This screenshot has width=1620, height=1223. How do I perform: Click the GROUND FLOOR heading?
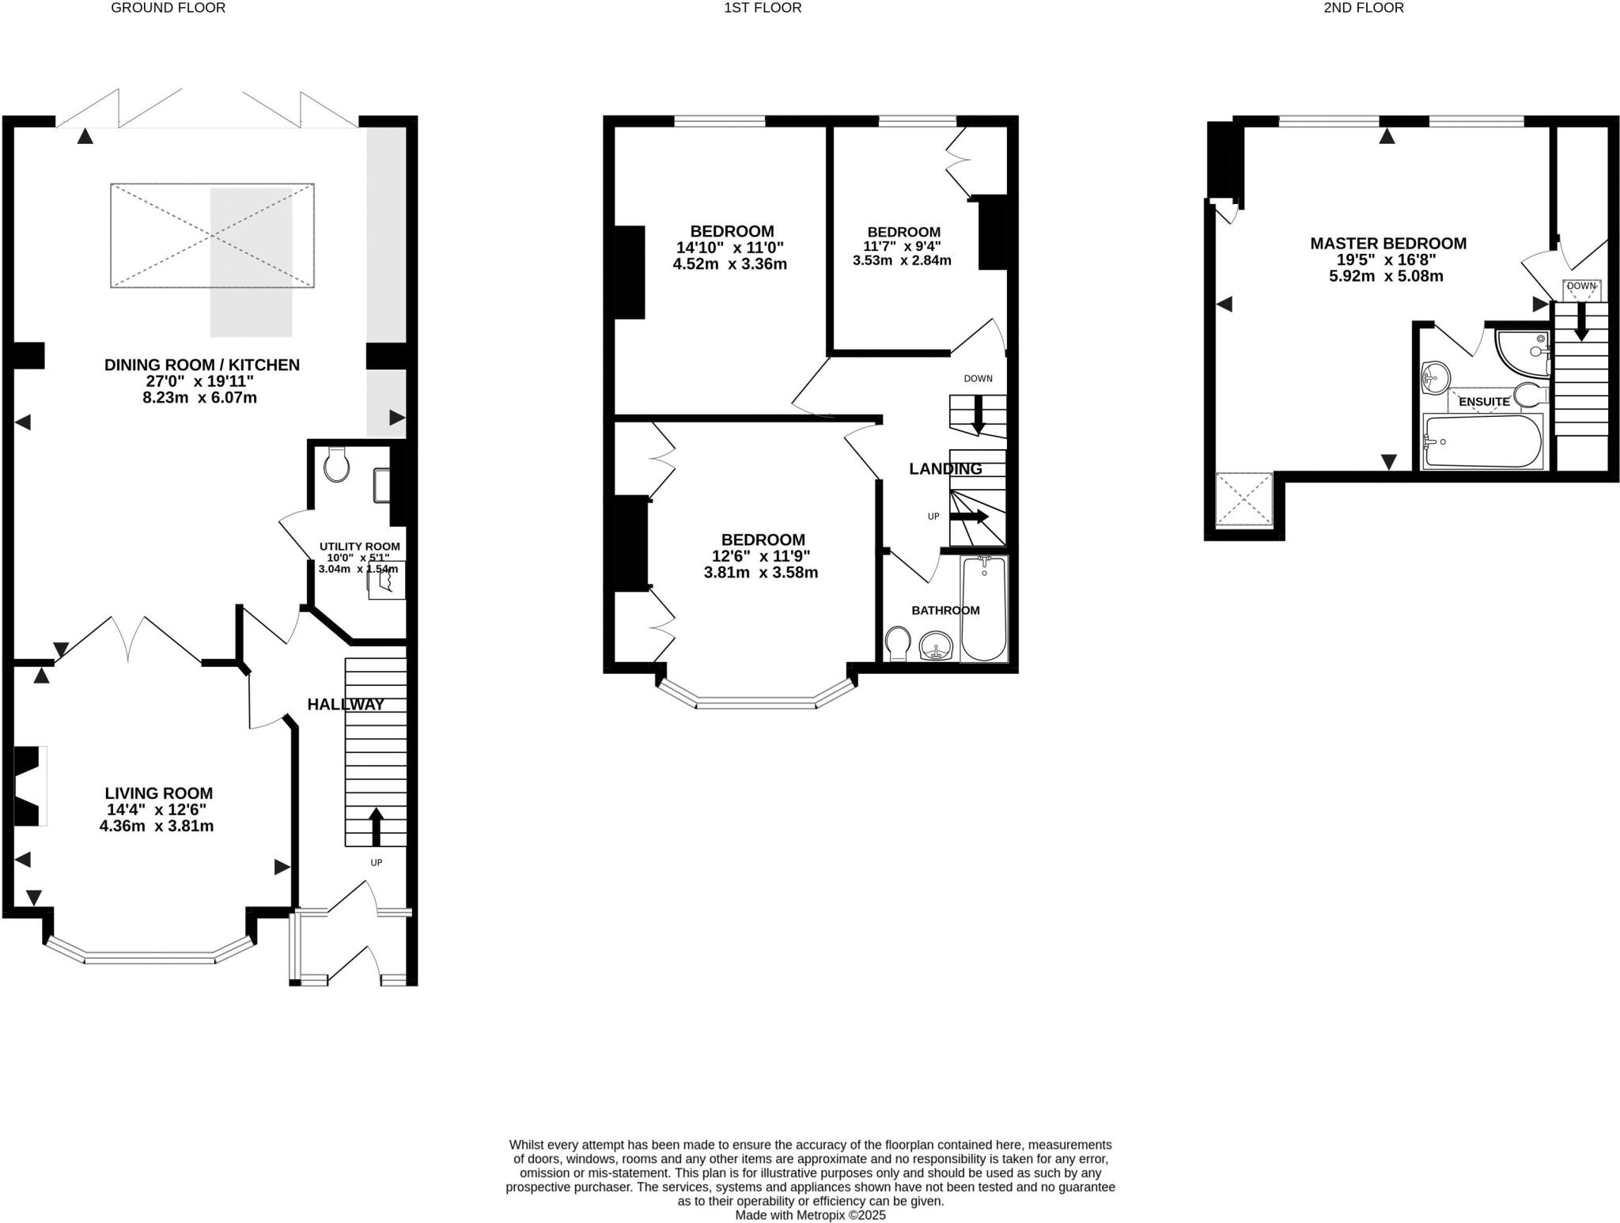pyautogui.click(x=168, y=8)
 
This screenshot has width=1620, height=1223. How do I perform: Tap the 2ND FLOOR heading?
pyautogui.click(x=1374, y=8)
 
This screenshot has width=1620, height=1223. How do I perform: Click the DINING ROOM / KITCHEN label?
pyautogui.click(x=202, y=365)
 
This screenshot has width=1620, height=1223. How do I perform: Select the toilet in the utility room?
pyautogui.click(x=336, y=464)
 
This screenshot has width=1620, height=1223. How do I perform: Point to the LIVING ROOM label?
pyautogui.click(x=159, y=793)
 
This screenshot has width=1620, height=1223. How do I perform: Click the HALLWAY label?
pyautogui.click(x=346, y=704)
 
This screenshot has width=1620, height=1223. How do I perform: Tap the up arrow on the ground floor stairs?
pyautogui.click(x=376, y=826)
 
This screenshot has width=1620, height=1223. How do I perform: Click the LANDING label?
pyautogui.click(x=945, y=468)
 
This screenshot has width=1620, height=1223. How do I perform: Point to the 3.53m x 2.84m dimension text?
pyautogui.click(x=902, y=260)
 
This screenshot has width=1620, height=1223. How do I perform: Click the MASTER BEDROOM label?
pyautogui.click(x=1388, y=244)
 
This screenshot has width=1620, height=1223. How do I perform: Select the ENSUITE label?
pyautogui.click(x=1484, y=402)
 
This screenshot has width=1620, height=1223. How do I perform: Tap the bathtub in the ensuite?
pyautogui.click(x=1482, y=441)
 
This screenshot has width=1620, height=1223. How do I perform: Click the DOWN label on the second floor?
pyautogui.click(x=1581, y=286)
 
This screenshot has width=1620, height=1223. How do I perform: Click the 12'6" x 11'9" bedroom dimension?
pyautogui.click(x=761, y=556)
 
